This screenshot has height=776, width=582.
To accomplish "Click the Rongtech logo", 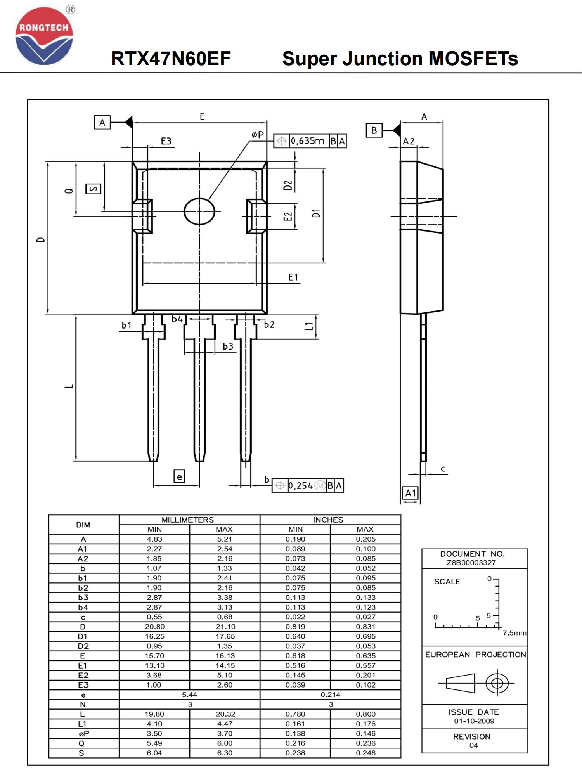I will click(44, 36).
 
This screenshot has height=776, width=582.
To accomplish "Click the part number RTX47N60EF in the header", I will click(171, 59).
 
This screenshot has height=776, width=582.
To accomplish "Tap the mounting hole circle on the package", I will click(199, 211).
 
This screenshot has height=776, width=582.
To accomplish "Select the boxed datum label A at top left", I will click(102, 123).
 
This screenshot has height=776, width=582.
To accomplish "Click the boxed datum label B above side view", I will click(374, 130).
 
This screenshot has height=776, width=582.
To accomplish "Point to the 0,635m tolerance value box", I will click(307, 141).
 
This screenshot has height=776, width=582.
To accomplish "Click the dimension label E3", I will click(166, 141).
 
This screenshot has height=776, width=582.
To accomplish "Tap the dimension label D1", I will click(316, 213).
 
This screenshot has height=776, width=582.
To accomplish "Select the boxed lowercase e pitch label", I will click(179, 476).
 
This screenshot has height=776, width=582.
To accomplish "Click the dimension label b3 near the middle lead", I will click(228, 346).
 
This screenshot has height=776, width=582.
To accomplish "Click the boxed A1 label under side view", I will click(411, 493).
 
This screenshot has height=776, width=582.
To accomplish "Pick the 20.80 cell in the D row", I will click(154, 627).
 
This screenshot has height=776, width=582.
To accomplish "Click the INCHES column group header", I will click(328, 520).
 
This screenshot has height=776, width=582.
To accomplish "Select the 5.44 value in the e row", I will click(189, 695).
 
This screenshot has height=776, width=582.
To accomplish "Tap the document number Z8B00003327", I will click(471, 563).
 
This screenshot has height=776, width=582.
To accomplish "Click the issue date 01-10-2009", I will click(474, 721).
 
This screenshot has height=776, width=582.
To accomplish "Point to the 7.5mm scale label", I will click(514, 633).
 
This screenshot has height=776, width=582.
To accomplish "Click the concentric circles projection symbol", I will click(497, 683).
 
